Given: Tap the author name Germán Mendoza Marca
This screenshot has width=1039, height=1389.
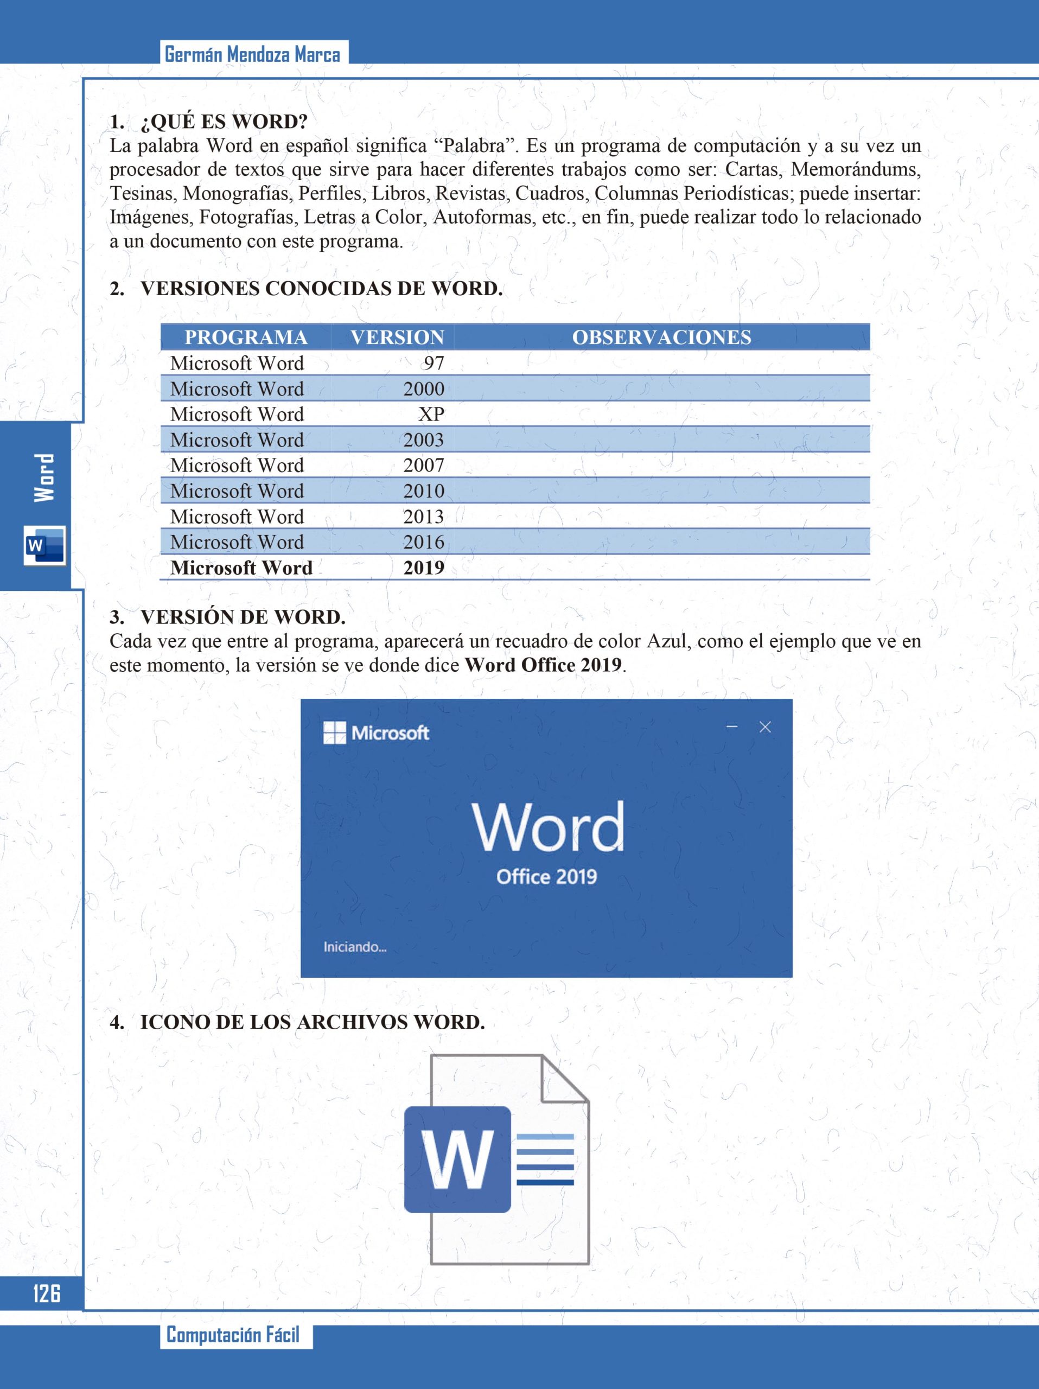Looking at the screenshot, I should pos(252,55).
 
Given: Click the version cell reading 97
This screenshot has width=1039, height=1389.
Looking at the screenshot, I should pos(433,363).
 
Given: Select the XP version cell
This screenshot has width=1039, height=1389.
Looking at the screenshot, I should pos(431,415).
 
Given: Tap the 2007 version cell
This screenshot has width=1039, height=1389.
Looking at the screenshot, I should pos(424,466).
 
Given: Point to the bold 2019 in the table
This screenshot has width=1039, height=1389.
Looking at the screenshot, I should pos(424,568).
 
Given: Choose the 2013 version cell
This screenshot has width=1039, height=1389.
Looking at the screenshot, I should pos(424,517).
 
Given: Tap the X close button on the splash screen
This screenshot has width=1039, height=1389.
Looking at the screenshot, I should pos(764,727).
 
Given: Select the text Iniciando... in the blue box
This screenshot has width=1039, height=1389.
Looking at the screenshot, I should pos(355,947).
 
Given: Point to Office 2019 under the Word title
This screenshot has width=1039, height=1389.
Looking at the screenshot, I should pos(546,877).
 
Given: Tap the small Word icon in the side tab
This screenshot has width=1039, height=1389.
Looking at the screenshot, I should pos(44,545).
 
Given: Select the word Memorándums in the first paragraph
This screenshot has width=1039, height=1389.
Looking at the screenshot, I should pos(856,169).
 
